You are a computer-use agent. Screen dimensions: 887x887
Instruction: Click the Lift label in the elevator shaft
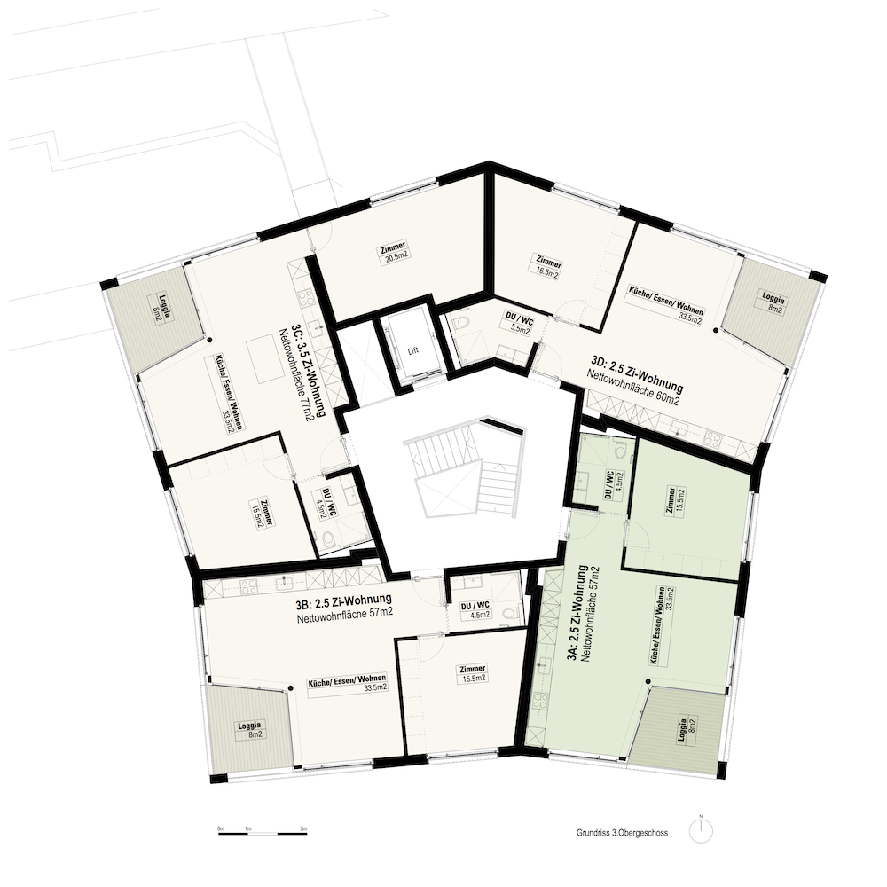click(413, 350)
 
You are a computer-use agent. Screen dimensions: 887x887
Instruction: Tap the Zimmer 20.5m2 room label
click(394, 252)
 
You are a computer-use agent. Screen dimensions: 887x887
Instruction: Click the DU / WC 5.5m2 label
click(519, 326)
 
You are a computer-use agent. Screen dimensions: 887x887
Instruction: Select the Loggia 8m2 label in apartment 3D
click(773, 302)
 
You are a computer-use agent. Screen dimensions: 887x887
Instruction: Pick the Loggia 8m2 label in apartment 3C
click(160, 309)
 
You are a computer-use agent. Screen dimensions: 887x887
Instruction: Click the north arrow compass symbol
click(701, 832)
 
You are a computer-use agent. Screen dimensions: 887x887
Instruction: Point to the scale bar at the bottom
click(263, 833)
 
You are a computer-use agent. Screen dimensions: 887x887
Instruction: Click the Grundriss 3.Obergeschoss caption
click(623, 833)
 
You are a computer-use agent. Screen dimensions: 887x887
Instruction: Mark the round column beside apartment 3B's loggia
click(291, 688)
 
